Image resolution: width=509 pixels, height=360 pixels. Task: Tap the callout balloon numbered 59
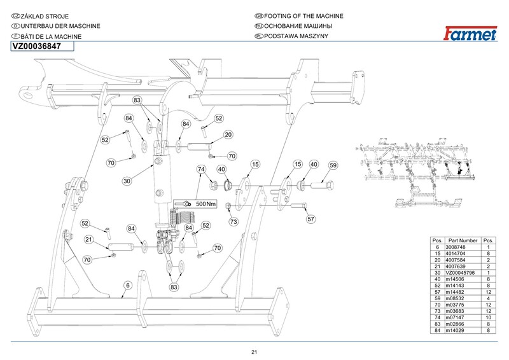(x=332, y=165)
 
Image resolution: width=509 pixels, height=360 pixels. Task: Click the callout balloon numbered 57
(x=311, y=219)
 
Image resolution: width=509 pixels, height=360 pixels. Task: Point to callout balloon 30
(x=127, y=181)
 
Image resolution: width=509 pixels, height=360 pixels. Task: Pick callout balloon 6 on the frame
(x=128, y=286)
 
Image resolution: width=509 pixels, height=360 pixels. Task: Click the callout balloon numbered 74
(x=202, y=170)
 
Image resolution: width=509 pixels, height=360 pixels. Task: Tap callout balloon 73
(x=234, y=222)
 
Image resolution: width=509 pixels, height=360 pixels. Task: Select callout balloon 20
(x=228, y=135)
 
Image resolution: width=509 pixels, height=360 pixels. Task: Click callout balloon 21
(x=90, y=239)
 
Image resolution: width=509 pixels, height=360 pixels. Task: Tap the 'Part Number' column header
(x=463, y=240)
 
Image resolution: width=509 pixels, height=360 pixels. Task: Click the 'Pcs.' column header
(x=489, y=240)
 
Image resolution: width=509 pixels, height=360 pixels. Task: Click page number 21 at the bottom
(x=254, y=352)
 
